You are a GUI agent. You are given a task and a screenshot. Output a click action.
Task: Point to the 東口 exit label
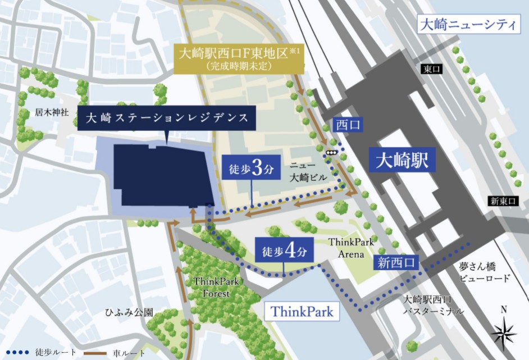pos(432,69)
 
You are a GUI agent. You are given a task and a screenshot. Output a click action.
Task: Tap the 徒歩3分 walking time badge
pos(251,170)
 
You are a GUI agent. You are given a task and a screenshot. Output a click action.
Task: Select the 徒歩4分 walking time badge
pos(284,252)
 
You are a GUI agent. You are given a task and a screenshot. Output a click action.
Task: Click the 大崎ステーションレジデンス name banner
pos(167,118)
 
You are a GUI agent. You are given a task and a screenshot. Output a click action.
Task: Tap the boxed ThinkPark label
pos(302,311)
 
